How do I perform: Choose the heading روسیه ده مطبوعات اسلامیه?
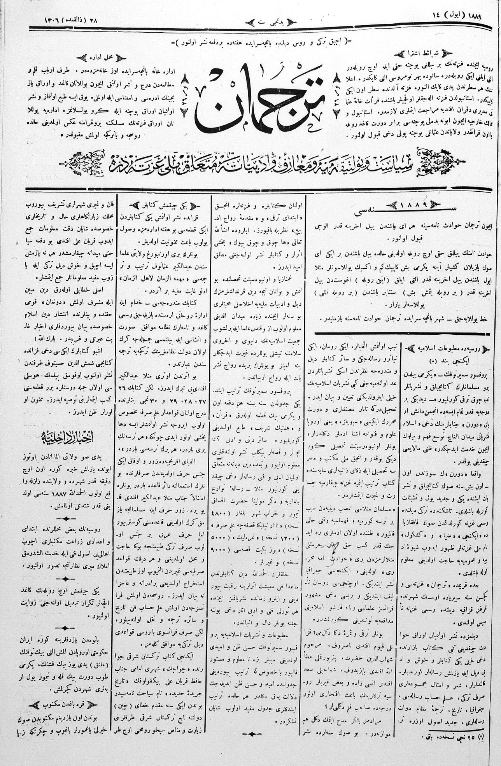tap(443, 349)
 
